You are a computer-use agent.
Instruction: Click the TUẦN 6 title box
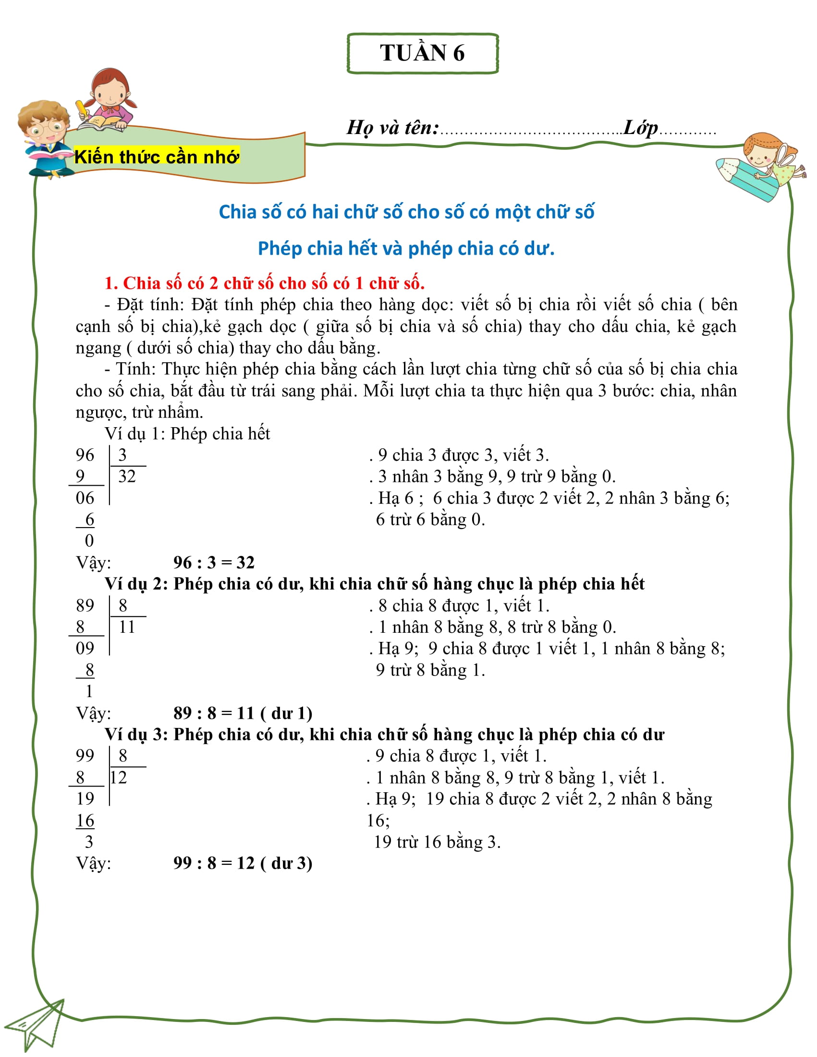pyautogui.click(x=422, y=53)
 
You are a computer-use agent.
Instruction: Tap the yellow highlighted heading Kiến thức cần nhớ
pyautogui.click(x=157, y=157)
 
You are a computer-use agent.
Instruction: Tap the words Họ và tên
pyautogui.click(x=392, y=128)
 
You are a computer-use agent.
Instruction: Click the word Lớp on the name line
pyautogui.click(x=640, y=128)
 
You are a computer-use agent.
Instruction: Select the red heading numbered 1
pyautogui.click(x=265, y=283)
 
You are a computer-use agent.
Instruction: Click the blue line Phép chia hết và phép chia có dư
pyautogui.click(x=406, y=248)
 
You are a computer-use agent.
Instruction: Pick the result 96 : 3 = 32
pyautogui.click(x=214, y=563)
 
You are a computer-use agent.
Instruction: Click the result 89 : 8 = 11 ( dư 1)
pyautogui.click(x=243, y=713)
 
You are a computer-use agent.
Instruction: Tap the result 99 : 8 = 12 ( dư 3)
pyautogui.click(x=243, y=863)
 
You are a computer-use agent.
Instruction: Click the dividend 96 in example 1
pyautogui.click(x=85, y=455)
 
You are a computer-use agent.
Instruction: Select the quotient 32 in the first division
pyautogui.click(x=127, y=477)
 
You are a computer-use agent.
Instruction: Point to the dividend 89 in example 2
pyautogui.click(x=85, y=605)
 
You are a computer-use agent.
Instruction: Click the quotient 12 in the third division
pyautogui.click(x=119, y=778)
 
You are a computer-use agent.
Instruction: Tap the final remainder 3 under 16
pyautogui.click(x=89, y=842)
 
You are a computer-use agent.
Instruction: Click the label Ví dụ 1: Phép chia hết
pyautogui.click(x=187, y=434)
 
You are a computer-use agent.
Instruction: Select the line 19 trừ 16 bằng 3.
pyautogui.click(x=437, y=842)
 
